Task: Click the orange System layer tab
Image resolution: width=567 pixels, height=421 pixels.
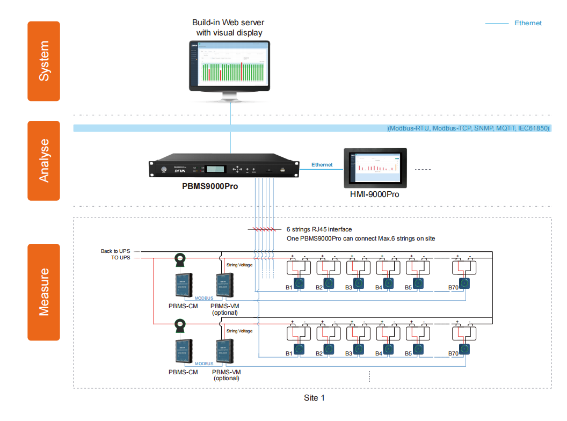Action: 43,61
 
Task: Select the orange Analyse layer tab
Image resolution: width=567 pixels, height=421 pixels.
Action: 43,161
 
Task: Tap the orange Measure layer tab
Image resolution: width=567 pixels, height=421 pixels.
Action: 43,292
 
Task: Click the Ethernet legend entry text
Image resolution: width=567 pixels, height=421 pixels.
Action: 528,23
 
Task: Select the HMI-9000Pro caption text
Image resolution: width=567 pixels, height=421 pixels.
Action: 375,194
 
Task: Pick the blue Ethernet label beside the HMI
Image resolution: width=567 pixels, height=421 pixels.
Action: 322,165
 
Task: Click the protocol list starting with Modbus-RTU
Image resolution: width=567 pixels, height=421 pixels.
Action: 469,129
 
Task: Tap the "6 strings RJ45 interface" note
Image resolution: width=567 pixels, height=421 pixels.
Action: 319,229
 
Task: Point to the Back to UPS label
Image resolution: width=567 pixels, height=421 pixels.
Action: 115,251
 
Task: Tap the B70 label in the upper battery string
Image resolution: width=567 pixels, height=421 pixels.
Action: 454,288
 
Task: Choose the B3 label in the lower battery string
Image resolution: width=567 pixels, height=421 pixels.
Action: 348,353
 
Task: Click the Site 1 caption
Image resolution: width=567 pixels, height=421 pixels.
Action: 314,398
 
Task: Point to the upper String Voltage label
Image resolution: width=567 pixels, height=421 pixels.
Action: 239,265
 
